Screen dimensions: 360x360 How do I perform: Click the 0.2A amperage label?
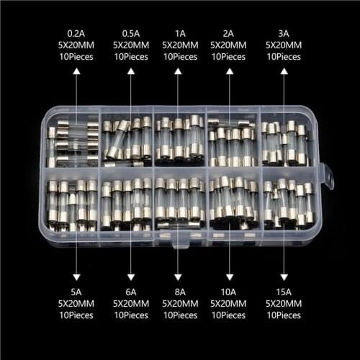pyautogui.click(x=75, y=32)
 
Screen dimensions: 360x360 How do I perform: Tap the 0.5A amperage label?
pyautogui.click(x=130, y=32)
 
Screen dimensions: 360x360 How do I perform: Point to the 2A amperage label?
pyautogui.click(x=229, y=32)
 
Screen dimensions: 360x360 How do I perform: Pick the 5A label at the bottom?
pyautogui.click(x=75, y=293)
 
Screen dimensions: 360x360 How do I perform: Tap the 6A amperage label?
pyautogui.click(x=130, y=293)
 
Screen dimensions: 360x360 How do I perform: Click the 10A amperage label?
pyautogui.click(x=229, y=293)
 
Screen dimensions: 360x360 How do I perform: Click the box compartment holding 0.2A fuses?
pyautogui.click(x=72, y=140)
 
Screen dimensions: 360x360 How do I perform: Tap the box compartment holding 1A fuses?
pyautogui.click(x=179, y=138)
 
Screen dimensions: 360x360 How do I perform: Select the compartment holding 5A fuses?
pyautogui.click(x=72, y=205)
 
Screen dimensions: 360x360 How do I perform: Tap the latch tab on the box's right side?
pyautogui.click(x=328, y=176)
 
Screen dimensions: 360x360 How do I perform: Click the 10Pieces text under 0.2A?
pyautogui.click(x=75, y=55)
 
